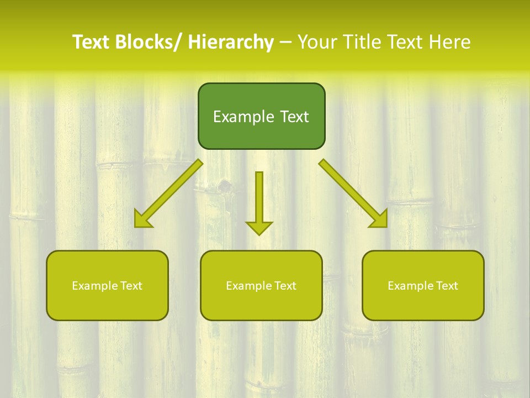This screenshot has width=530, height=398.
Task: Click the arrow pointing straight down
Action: [259, 202]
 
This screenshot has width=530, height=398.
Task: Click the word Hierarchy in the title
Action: [231, 42]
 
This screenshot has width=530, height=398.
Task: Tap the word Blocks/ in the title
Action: [148, 42]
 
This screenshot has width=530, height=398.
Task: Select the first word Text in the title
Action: [89, 42]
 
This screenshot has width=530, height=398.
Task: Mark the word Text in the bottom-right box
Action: [447, 286]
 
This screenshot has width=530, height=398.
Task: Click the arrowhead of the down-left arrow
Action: [142, 219]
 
